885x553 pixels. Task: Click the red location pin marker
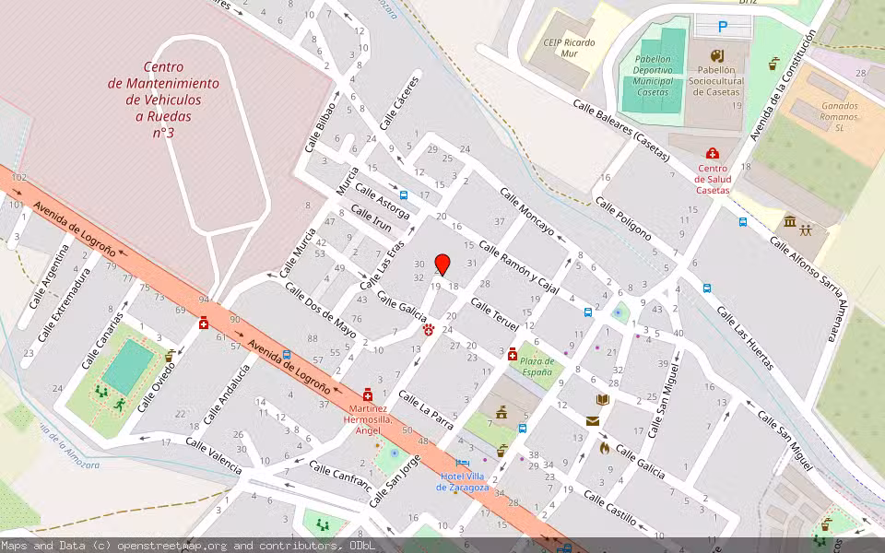click(x=442, y=264)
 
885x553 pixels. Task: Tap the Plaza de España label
click(x=537, y=366)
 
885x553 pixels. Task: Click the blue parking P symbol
click(x=723, y=28)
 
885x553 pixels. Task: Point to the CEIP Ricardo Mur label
click(x=569, y=48)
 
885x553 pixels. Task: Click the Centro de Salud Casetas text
click(x=712, y=179)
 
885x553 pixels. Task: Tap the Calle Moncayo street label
click(x=526, y=212)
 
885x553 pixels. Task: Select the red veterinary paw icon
click(x=429, y=329)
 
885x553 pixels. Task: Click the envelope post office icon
click(x=592, y=421)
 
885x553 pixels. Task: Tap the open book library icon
click(x=602, y=399)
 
